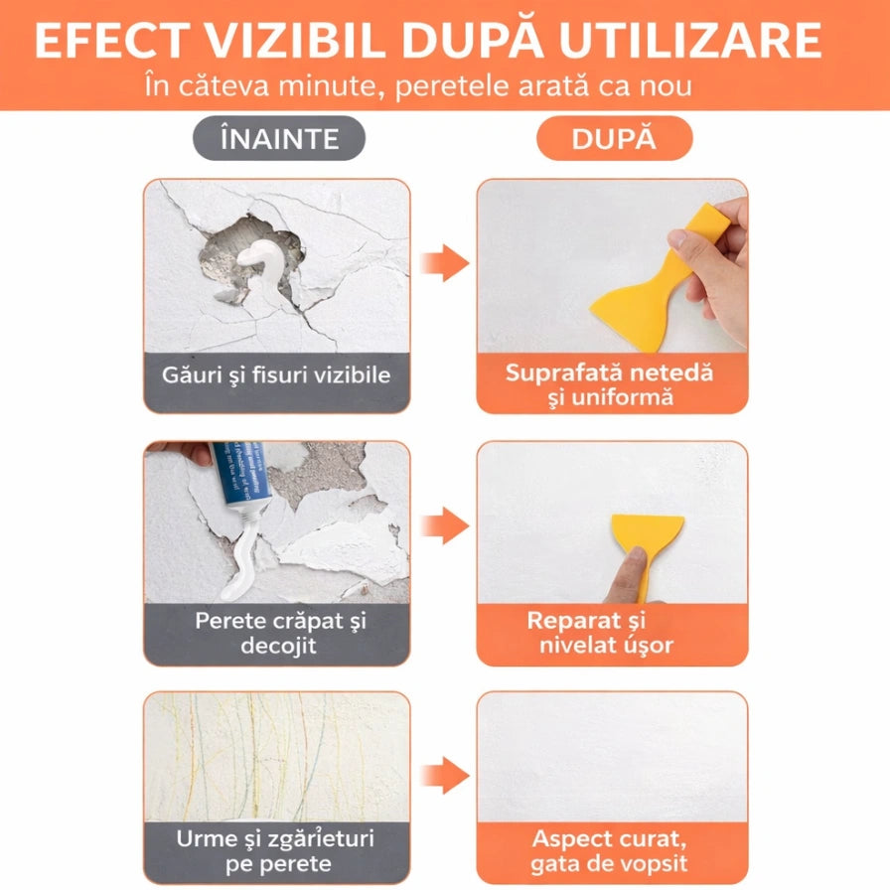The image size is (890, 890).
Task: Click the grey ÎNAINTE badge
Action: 279,139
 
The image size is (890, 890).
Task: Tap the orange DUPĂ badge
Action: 614,139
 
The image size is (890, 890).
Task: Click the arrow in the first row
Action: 443,263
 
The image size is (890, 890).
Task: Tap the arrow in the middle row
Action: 443,524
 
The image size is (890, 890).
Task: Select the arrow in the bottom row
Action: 443,776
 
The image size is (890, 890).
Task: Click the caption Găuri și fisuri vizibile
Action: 276,375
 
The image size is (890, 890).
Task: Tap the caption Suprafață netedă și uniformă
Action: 610,384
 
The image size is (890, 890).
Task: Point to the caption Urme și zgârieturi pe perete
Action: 276,850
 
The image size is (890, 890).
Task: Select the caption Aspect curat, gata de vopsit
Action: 610,850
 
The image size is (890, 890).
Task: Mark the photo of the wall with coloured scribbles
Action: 276,755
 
